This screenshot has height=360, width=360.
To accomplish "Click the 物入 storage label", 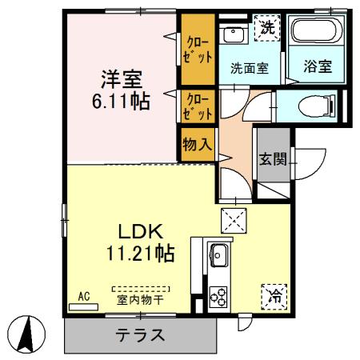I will click(x=196, y=146).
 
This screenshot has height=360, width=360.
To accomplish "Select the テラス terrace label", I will click(x=139, y=335).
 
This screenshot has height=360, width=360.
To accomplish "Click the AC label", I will click(x=82, y=296).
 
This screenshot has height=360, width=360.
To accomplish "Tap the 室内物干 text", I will click(x=140, y=301).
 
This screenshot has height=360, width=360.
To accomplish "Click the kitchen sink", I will click(x=218, y=258).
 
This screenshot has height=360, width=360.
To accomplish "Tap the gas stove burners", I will click(x=218, y=295).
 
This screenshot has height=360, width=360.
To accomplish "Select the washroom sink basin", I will click(x=233, y=34).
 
